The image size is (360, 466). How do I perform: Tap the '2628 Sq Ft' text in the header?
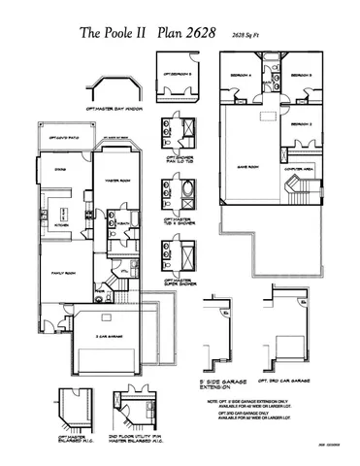pyautogui.click(x=251, y=36)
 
